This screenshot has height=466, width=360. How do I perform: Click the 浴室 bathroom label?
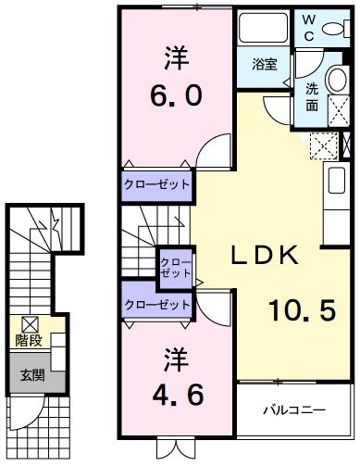[265, 65]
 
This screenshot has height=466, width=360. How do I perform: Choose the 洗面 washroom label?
[312, 97]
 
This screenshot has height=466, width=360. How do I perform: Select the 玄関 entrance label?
[32, 376]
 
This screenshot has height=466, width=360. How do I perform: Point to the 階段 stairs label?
[30, 340]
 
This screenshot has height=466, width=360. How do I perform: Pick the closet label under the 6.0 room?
[157, 184]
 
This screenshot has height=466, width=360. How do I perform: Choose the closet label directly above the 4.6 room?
[157, 303]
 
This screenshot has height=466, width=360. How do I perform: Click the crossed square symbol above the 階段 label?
[30, 323]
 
